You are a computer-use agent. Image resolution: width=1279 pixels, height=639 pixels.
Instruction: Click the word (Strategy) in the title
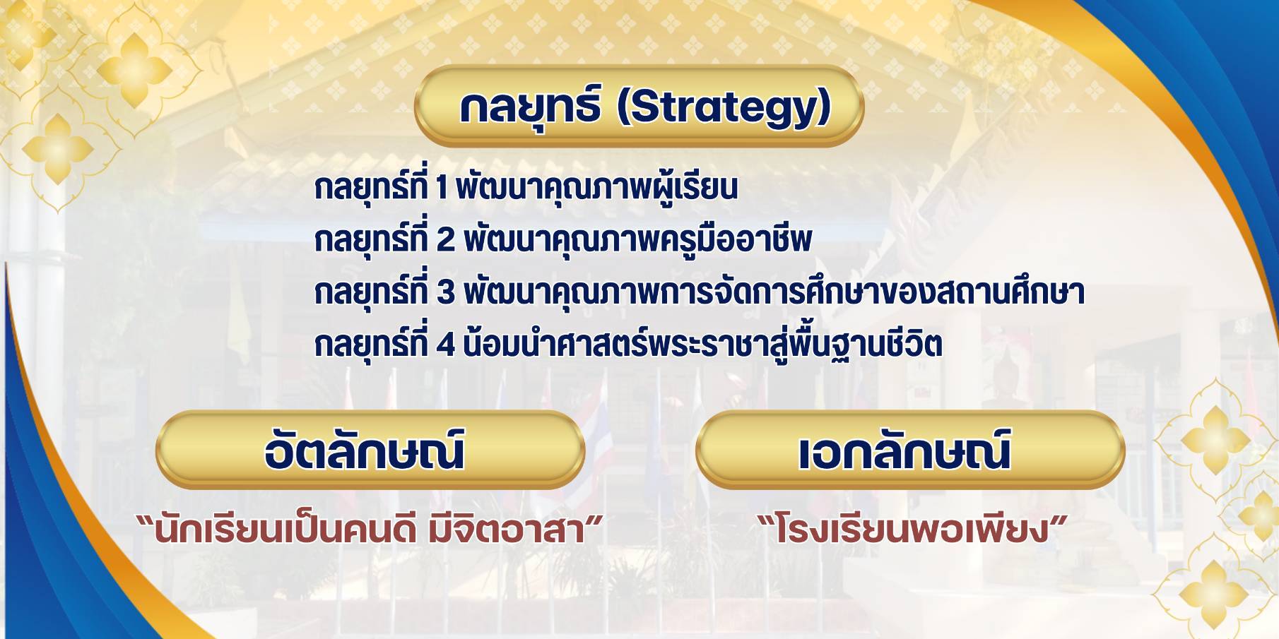click(724, 109)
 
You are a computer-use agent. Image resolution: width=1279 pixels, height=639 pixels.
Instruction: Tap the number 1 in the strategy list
click(442, 189)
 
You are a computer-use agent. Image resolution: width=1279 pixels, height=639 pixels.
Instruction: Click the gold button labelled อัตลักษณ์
click(370, 450)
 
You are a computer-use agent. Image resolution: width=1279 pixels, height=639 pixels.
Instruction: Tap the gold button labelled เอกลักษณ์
click(910, 450)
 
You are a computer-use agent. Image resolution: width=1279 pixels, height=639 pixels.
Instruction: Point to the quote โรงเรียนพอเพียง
click(910, 531)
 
